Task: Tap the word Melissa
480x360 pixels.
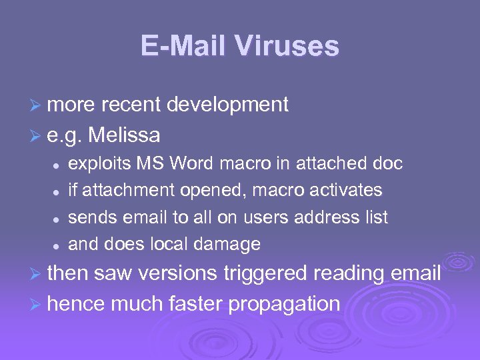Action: click(124, 135)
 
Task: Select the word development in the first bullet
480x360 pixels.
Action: click(227, 105)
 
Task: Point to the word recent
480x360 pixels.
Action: click(129, 105)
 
